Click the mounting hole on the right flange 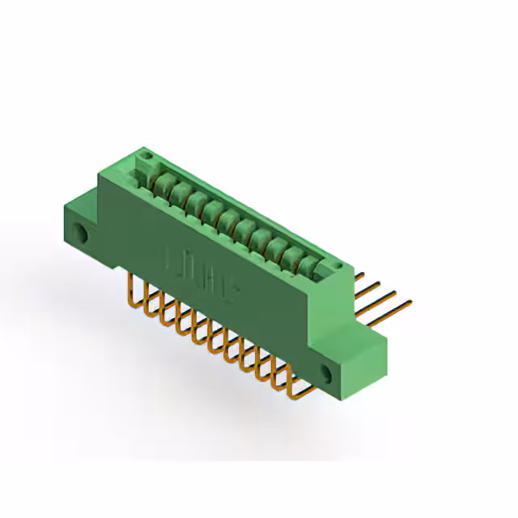point(327,373)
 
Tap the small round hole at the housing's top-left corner point(146,155)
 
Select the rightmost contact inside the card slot point(309,263)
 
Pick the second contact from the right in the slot point(293,254)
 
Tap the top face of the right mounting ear point(364,340)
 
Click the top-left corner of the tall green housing point(99,169)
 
